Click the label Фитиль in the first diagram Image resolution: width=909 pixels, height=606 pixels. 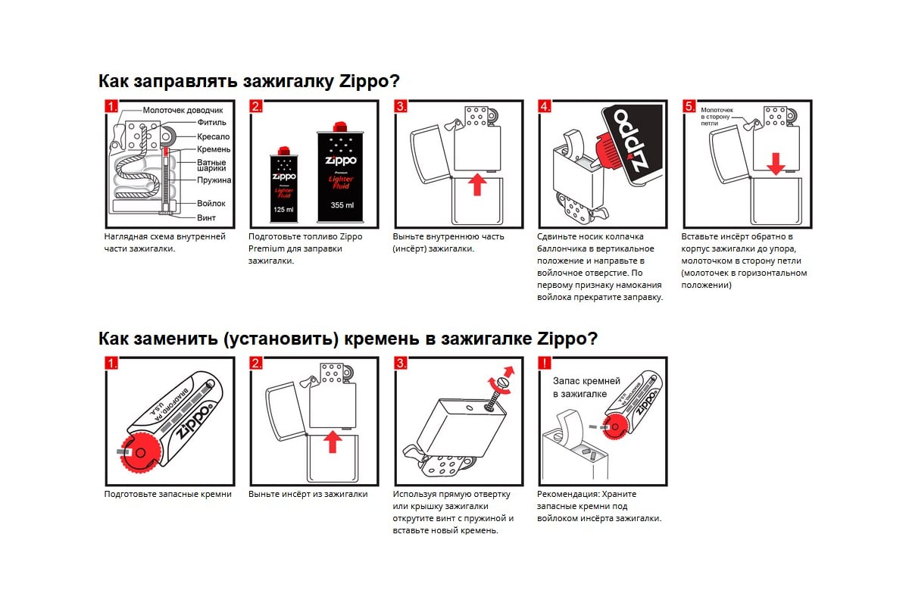(x=211, y=123)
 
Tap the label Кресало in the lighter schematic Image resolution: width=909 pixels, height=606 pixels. (x=213, y=136)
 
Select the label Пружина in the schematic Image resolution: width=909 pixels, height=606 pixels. (x=214, y=180)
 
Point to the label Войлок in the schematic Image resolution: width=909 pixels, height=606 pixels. (x=211, y=204)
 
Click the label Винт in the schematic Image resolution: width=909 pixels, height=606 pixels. (x=206, y=217)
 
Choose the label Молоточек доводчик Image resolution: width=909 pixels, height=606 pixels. (x=183, y=110)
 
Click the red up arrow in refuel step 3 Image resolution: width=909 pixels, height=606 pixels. (x=476, y=183)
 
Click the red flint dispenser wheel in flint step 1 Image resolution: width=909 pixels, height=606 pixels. (x=142, y=453)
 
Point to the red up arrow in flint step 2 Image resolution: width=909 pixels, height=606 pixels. (x=331, y=441)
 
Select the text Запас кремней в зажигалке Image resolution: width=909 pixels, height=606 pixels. (x=586, y=387)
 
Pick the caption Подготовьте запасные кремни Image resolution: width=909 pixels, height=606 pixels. (x=168, y=494)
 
